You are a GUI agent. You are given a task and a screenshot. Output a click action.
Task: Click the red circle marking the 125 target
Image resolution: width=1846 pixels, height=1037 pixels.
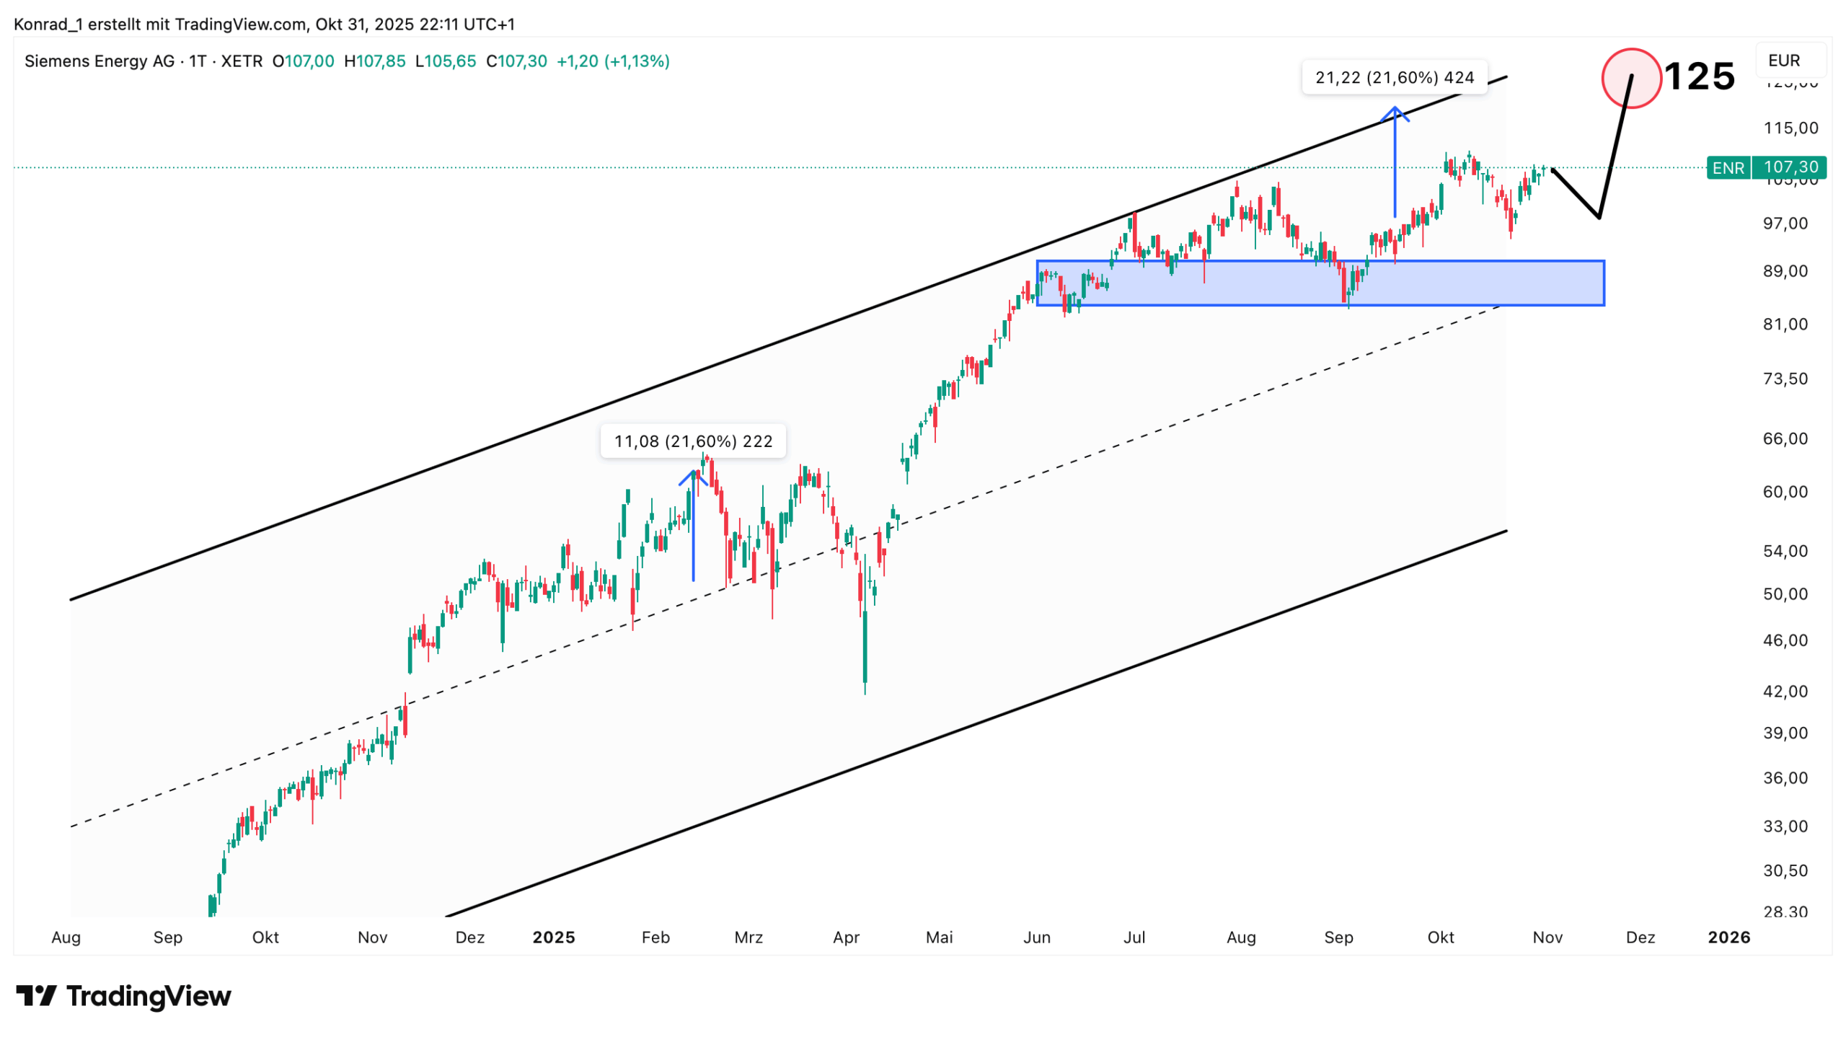[x=1630, y=78]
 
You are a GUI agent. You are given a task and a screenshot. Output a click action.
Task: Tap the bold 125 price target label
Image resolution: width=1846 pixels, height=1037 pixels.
[x=1699, y=76]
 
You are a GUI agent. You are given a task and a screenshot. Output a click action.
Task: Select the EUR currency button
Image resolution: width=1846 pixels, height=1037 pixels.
[x=1783, y=61]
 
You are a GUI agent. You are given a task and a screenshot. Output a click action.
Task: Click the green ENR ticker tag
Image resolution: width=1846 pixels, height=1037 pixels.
[x=1727, y=168]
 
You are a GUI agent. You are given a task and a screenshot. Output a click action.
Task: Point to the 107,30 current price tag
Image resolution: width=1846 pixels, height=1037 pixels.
[x=1790, y=167]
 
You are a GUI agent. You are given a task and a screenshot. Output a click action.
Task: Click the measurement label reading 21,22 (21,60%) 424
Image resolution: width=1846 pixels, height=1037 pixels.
[x=1394, y=77]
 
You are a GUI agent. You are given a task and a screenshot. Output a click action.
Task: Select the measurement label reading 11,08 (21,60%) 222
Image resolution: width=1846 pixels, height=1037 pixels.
[x=692, y=441]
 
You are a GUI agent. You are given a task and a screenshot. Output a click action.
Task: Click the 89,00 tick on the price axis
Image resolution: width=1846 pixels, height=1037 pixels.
[x=1785, y=271]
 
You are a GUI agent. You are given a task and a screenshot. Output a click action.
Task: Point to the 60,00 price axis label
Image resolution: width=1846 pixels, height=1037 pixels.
[x=1785, y=492]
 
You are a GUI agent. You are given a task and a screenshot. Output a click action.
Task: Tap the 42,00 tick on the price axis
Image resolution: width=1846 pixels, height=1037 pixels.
[x=1785, y=692]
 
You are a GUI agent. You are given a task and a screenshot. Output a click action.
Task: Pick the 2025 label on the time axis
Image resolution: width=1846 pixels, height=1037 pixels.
[x=553, y=937]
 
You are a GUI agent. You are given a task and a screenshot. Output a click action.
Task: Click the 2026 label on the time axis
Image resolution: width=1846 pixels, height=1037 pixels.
[x=1728, y=937]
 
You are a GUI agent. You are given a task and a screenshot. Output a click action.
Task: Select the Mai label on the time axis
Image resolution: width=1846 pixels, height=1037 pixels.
[x=939, y=937]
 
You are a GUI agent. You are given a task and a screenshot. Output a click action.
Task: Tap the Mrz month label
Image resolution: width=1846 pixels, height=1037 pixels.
[x=748, y=937]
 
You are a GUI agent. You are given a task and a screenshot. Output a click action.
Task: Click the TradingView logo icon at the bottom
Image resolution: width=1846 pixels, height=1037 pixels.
[x=36, y=996]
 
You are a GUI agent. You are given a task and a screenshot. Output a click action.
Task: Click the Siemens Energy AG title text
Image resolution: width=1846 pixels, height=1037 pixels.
[x=100, y=61]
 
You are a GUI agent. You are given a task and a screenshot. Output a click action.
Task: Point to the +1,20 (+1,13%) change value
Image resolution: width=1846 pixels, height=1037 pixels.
[x=612, y=61]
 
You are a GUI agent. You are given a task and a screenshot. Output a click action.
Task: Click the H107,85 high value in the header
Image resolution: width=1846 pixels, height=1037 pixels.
[x=374, y=61]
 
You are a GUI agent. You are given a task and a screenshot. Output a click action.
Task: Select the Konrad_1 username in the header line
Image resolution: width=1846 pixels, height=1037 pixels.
[x=48, y=25]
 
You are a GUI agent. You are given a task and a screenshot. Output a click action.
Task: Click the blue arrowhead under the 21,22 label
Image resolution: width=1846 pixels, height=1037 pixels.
[x=1395, y=113]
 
